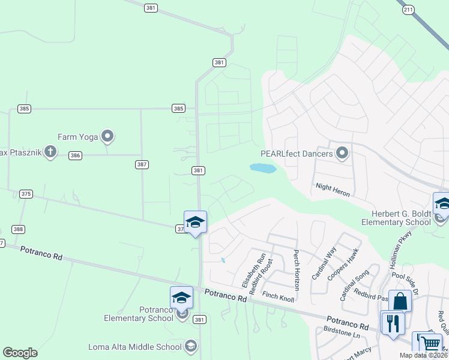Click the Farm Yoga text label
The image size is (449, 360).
pos(77,137)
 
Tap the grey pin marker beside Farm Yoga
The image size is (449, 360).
pos(107,137)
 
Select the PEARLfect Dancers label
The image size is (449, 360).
pos(297,154)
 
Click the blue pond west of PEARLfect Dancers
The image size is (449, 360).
pos(263,169)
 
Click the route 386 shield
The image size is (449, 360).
pos(75,155)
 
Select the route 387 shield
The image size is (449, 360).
pos(142,164)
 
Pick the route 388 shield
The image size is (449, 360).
pos(19,229)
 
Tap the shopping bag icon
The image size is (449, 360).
pos(400,301)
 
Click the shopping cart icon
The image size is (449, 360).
pos(430,343)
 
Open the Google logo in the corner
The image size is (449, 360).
pos(20,353)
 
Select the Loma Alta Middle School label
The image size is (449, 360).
pos(134,347)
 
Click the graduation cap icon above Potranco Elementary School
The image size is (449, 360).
pos(181,297)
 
